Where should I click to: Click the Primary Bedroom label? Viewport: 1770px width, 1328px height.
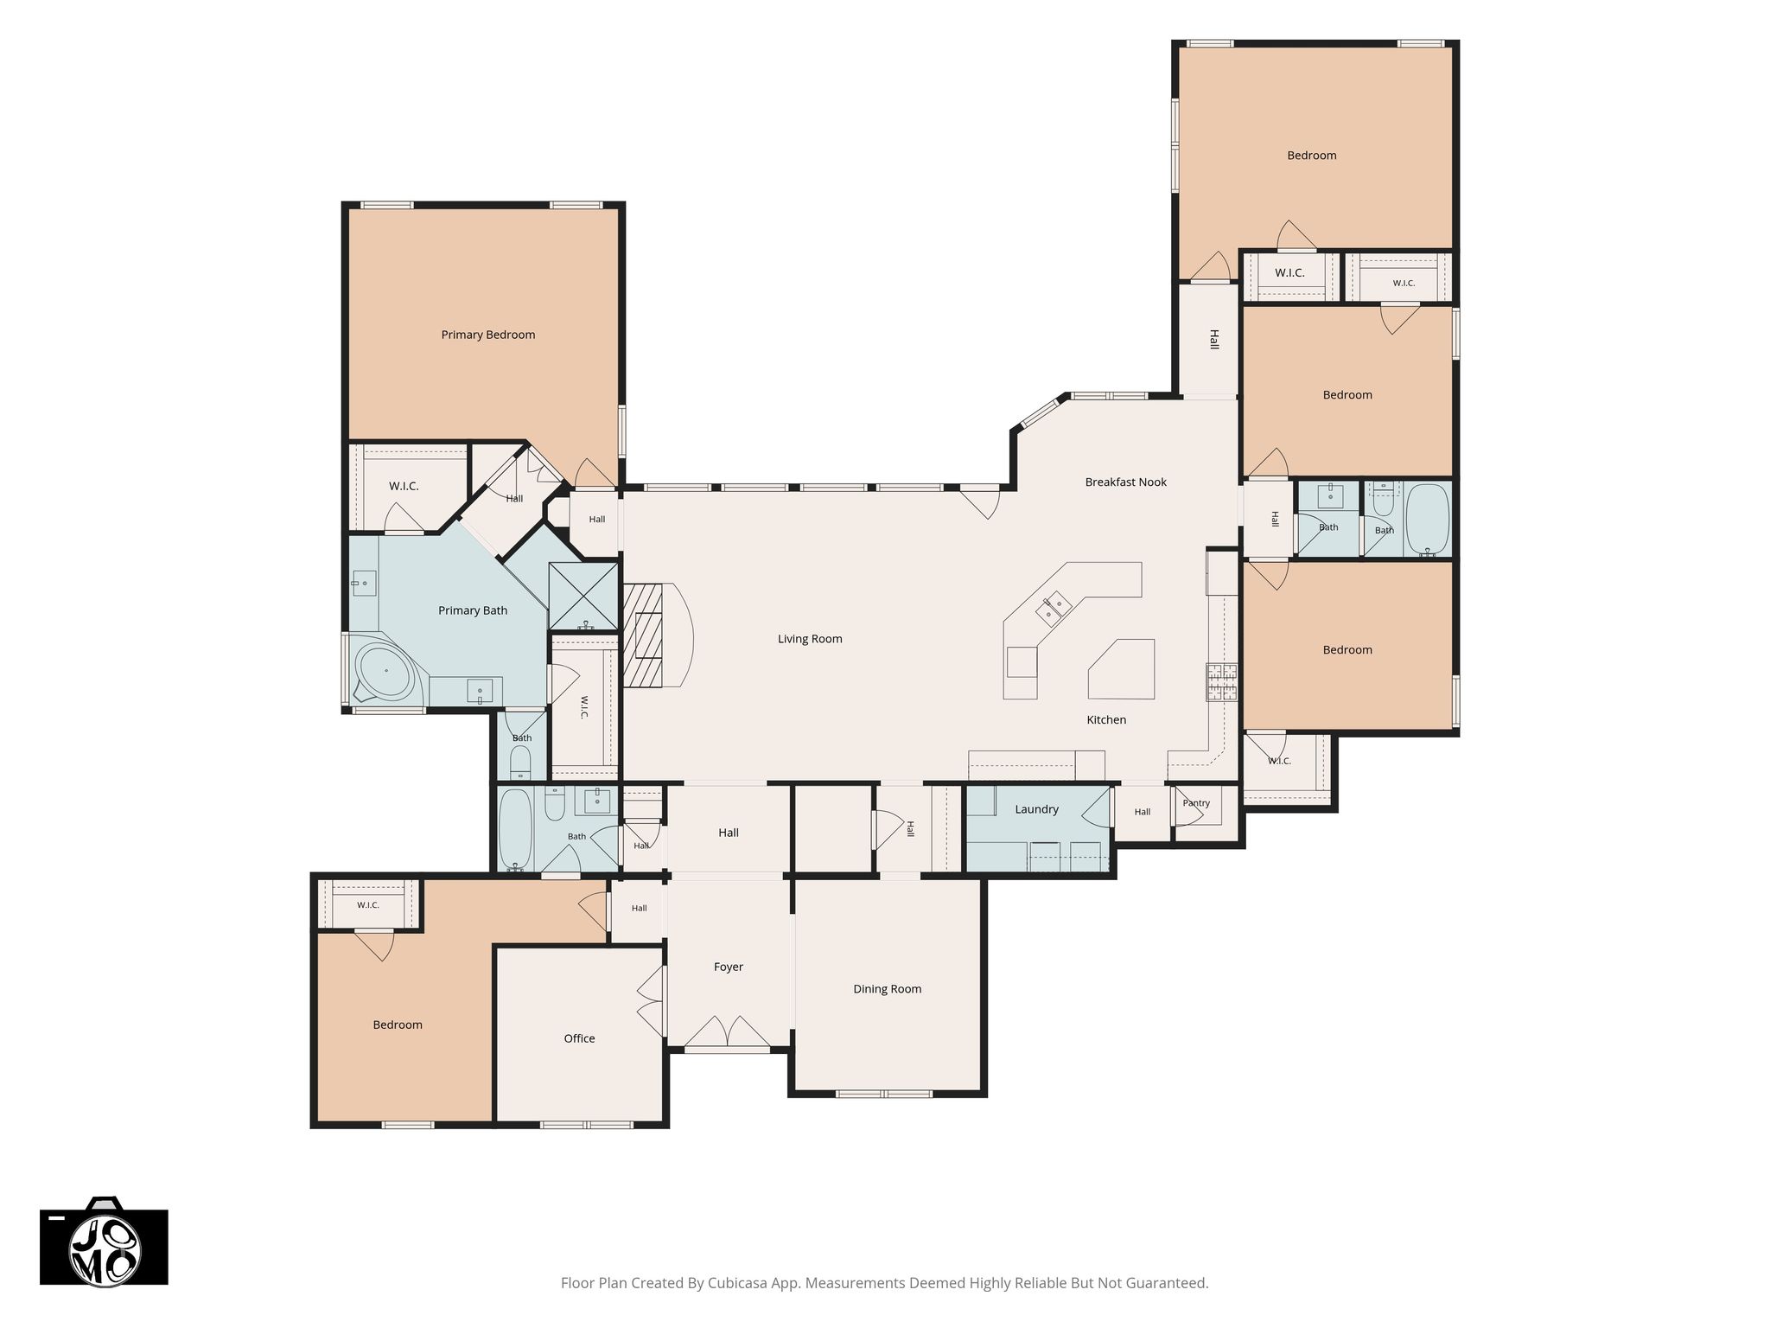(x=488, y=335)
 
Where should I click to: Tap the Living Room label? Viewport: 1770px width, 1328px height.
(x=810, y=639)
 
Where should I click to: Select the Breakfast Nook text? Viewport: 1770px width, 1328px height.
(x=1125, y=482)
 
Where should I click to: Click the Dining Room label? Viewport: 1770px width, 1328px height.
(x=887, y=989)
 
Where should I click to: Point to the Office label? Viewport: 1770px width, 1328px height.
(x=579, y=1038)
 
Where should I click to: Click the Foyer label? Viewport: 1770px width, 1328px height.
(x=729, y=967)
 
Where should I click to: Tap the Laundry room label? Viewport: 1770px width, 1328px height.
(x=1036, y=809)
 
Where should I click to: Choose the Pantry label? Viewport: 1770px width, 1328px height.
(x=1196, y=803)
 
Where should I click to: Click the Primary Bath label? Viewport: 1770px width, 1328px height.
(x=473, y=610)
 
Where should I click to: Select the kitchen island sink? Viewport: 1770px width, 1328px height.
(x=1054, y=607)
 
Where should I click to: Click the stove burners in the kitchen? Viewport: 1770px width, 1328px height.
(x=1222, y=681)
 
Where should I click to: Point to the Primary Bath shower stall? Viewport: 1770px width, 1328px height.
(x=584, y=596)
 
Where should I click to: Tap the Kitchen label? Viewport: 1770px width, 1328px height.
(x=1106, y=719)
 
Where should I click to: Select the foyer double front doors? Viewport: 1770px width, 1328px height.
(x=728, y=1032)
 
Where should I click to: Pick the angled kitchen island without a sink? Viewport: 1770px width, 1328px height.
(x=1123, y=669)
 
